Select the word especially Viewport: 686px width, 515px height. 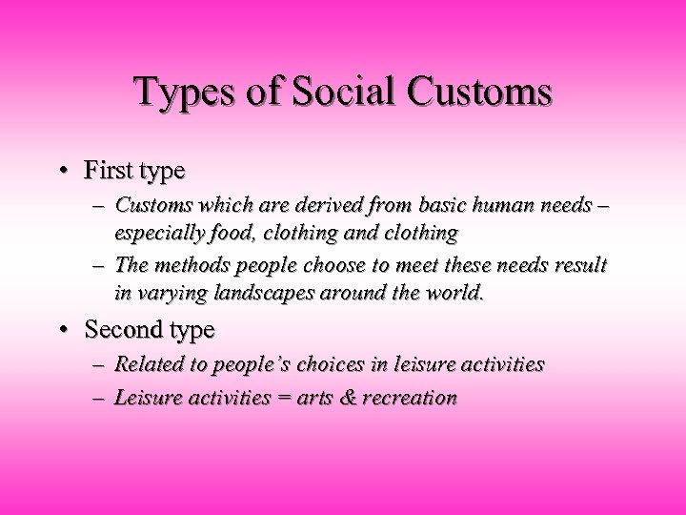(153, 232)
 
